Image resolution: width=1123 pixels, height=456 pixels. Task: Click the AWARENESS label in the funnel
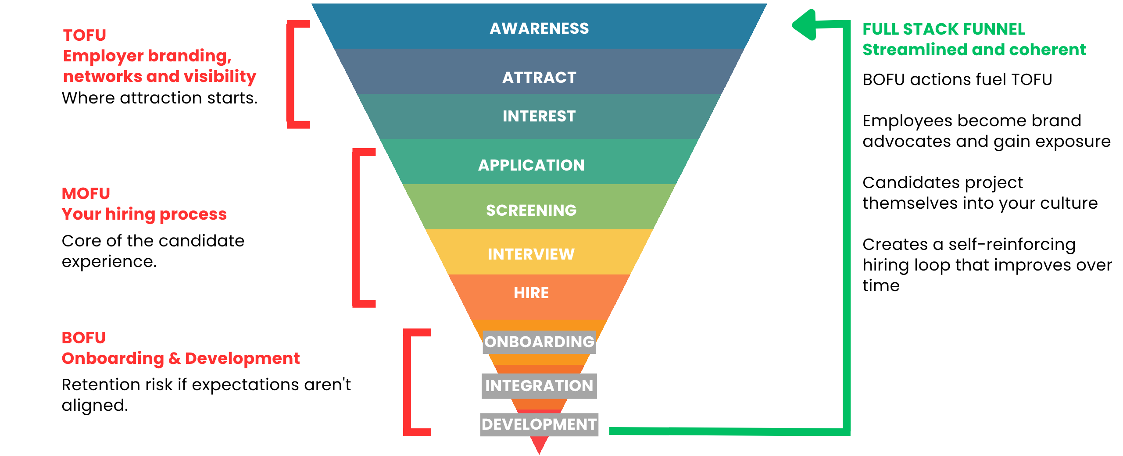[539, 28]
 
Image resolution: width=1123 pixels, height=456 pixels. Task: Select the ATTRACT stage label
[539, 78]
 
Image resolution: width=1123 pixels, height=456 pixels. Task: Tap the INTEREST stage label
[539, 116]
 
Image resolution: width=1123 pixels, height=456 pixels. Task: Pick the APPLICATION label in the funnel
[531, 165]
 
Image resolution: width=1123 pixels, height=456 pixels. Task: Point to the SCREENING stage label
[531, 210]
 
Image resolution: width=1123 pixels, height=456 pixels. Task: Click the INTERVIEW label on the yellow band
[531, 254]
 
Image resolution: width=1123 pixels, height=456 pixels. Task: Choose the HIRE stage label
[531, 293]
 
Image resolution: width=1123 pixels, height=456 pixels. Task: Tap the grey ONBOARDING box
[539, 342]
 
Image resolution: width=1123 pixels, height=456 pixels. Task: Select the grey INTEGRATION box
[539, 386]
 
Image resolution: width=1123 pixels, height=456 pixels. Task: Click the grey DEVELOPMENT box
[539, 424]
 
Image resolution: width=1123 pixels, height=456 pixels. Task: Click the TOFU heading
[85, 35]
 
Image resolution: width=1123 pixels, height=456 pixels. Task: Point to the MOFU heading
[86, 193]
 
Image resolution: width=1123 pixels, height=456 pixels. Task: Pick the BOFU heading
[84, 338]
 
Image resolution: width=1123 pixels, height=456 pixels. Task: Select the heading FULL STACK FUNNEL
[944, 29]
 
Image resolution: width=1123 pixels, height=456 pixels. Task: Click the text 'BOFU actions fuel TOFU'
[957, 80]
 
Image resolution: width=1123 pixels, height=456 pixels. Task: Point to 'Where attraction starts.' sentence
[160, 98]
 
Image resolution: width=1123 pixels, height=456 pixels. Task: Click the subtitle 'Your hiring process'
[144, 214]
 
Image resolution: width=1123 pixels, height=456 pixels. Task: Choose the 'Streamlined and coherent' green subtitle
[974, 50]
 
